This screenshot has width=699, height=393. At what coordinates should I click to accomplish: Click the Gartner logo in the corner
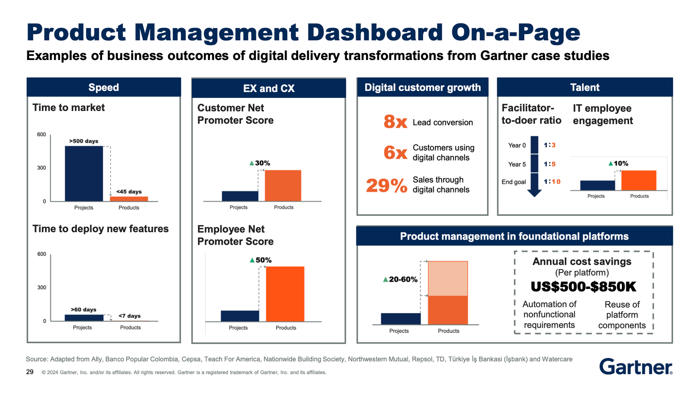[635, 366]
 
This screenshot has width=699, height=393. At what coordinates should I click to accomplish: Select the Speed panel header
[104, 87]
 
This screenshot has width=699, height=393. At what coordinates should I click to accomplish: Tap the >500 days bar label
[83, 141]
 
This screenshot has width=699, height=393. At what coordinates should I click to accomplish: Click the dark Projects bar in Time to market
[84, 173]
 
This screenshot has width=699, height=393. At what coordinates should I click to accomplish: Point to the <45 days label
[129, 192]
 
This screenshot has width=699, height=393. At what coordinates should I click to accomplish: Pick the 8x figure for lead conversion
[395, 122]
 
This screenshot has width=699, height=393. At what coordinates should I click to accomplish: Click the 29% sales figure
[387, 185]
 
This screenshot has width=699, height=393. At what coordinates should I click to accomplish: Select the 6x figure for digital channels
[395, 153]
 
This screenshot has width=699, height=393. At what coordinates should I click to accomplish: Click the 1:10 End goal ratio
[552, 182]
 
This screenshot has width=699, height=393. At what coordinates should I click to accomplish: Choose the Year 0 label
[517, 146]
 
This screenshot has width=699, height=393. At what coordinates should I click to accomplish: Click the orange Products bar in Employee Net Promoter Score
[285, 294]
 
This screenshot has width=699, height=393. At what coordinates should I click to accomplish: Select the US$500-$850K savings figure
[583, 287]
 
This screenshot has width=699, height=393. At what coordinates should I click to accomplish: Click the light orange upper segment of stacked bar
[448, 278]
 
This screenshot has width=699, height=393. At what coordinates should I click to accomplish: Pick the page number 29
[30, 372]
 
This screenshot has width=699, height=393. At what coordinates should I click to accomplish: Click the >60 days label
[83, 310]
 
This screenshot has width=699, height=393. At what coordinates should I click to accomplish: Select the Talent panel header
[584, 87]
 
